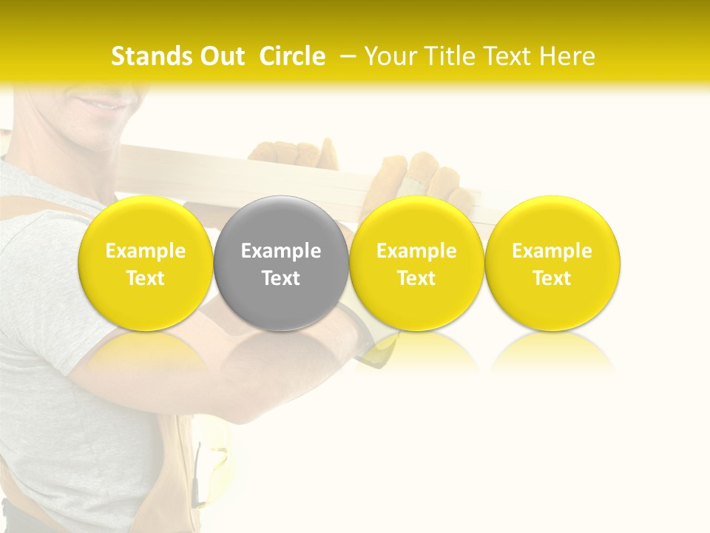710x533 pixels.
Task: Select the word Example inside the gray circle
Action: [281, 251]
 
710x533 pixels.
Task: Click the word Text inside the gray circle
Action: [281, 278]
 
